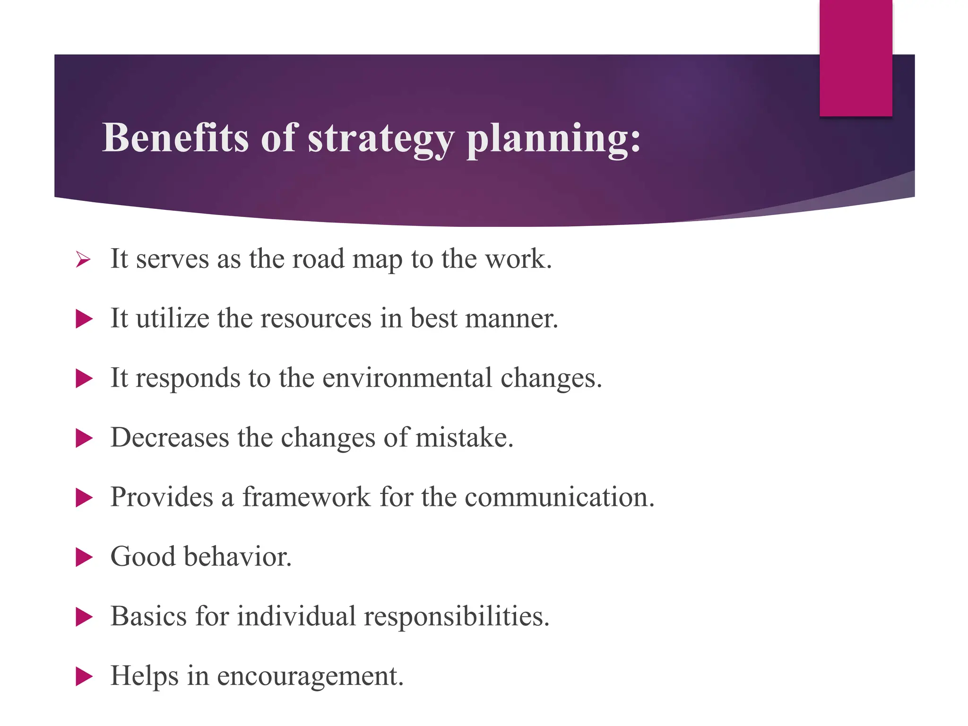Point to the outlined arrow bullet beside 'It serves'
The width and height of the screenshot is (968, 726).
coord(83,259)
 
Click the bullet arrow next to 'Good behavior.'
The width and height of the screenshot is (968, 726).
coord(84,557)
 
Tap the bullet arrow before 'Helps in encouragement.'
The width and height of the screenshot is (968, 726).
coord(84,676)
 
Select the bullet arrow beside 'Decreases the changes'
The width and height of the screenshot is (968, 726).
coord(84,438)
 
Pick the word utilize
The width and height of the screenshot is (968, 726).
coord(173,318)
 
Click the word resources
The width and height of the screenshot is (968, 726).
coord(316,319)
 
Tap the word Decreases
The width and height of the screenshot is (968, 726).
coord(170,437)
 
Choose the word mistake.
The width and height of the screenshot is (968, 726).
coord(464,437)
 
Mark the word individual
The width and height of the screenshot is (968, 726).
coord(296,616)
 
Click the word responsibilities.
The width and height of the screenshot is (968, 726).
coord(457,617)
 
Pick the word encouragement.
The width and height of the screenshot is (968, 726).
coord(310,676)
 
